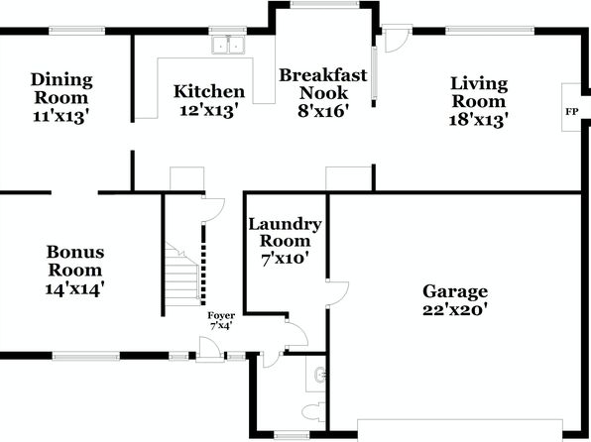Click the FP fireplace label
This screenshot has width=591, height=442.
click(571, 112)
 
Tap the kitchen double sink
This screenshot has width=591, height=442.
click(228, 46)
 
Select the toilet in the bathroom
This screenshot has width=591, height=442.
click(313, 411)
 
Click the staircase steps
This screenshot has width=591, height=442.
click(181, 275)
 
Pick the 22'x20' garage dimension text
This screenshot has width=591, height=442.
click(455, 310)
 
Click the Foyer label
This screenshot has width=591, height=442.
click(221, 315)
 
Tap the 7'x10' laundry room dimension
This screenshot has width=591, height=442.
click(285, 260)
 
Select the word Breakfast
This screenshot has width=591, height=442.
click(323, 75)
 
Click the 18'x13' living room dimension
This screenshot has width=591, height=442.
click(479, 120)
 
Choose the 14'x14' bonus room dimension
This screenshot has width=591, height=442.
click(74, 289)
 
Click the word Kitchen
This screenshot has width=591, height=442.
click(209, 91)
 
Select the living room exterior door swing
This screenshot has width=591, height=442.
click(397, 40)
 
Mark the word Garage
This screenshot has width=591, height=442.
click(455, 291)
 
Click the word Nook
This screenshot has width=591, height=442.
click(323, 93)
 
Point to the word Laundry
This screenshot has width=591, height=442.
click(285, 225)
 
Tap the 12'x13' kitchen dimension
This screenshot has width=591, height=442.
click(209, 111)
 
